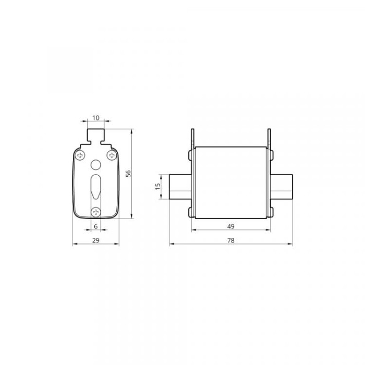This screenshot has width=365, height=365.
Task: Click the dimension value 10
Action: point(95,118)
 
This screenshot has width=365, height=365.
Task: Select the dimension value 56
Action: point(128,174)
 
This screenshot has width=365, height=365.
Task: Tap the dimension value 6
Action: point(95,226)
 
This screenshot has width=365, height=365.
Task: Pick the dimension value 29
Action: point(95,240)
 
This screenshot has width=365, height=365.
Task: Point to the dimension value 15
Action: point(158,187)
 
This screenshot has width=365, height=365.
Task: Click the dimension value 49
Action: point(230,226)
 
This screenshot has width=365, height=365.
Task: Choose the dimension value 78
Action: point(230,240)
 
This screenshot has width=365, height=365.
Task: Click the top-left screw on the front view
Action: point(80,155)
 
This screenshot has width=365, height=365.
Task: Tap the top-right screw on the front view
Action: point(112,155)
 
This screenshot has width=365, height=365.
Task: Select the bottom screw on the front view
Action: point(95,212)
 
